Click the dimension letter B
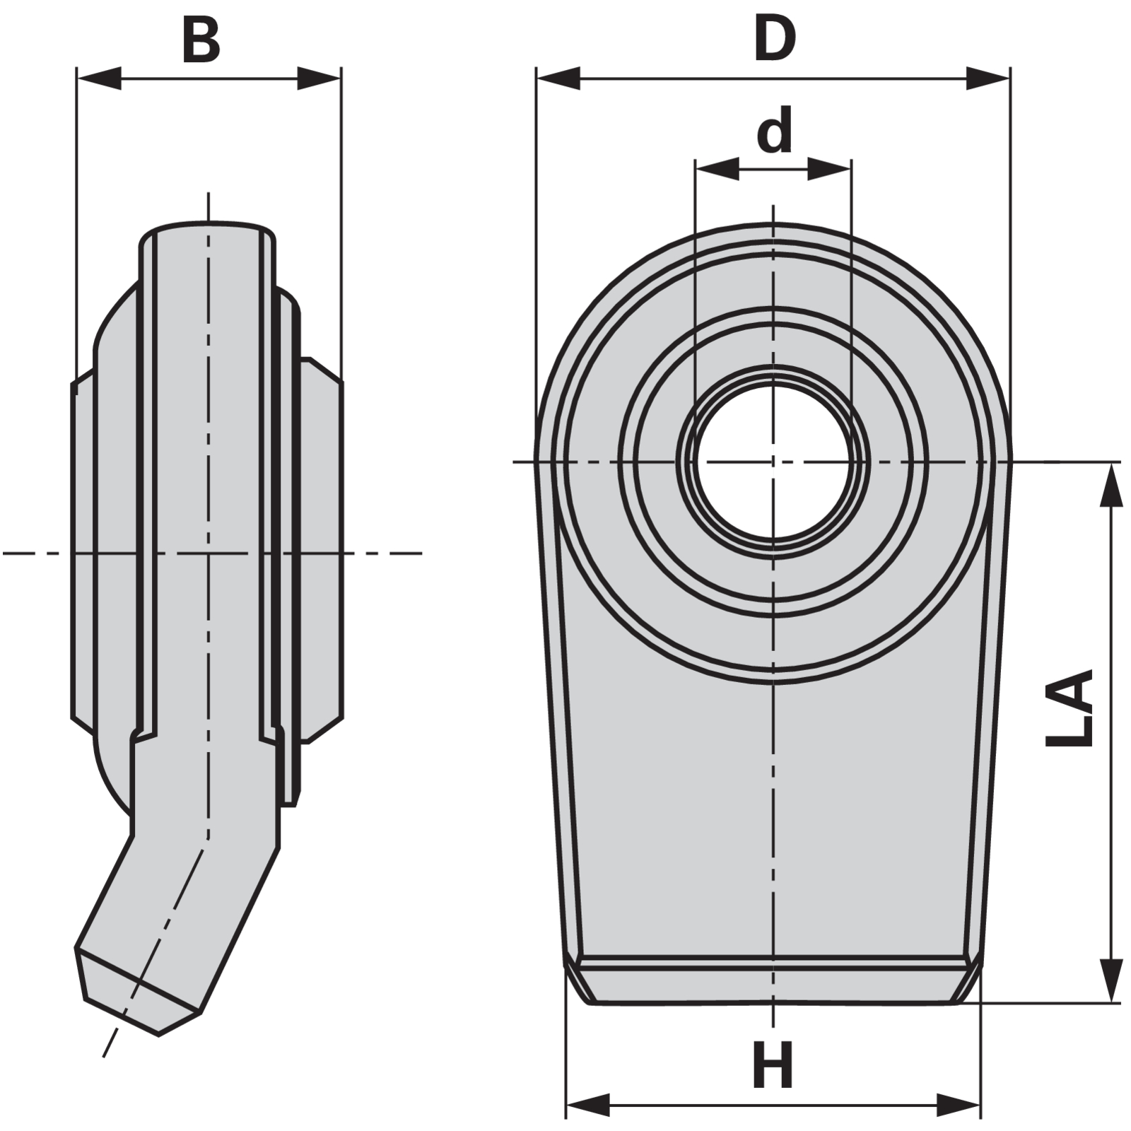[x=201, y=41]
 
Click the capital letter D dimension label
[x=775, y=40]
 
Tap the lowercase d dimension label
[x=775, y=131]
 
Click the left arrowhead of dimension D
[x=558, y=78]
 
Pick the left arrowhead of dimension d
[x=717, y=169]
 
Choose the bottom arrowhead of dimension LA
[x=1112, y=980]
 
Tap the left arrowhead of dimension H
[x=588, y=1105]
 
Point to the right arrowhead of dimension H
[x=959, y=1105]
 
